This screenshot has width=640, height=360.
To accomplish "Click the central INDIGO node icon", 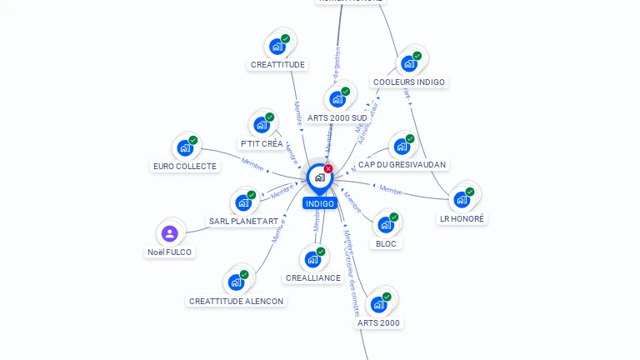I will click(319, 177).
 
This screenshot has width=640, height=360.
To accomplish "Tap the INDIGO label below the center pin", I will click(319, 203).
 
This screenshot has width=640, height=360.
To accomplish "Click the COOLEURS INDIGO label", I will click(409, 82).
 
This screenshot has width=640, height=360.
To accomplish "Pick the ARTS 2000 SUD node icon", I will click(337, 99).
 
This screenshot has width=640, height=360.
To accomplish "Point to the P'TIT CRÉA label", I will click(262, 143).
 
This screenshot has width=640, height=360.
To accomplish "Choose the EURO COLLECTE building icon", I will click(184, 148).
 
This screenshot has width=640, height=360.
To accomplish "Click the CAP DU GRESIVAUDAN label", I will click(402, 165).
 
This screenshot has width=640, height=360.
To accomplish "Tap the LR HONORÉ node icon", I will click(462, 200).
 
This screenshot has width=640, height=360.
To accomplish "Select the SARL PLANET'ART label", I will click(243, 221).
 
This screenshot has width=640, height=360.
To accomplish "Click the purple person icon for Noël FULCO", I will click(169, 233).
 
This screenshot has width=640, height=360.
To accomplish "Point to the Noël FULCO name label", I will click(169, 252).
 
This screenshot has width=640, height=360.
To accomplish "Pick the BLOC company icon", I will click(386, 225).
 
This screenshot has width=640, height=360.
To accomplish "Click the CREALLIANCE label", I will click(312, 277).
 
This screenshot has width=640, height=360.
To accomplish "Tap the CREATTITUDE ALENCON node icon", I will click(236, 282).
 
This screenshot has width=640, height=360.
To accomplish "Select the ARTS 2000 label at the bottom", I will click(378, 322).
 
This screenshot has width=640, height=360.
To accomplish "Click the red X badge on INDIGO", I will click(328, 168).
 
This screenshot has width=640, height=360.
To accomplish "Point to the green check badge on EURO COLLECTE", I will click(193, 140).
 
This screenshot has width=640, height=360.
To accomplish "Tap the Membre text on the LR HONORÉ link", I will click(391, 189).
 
